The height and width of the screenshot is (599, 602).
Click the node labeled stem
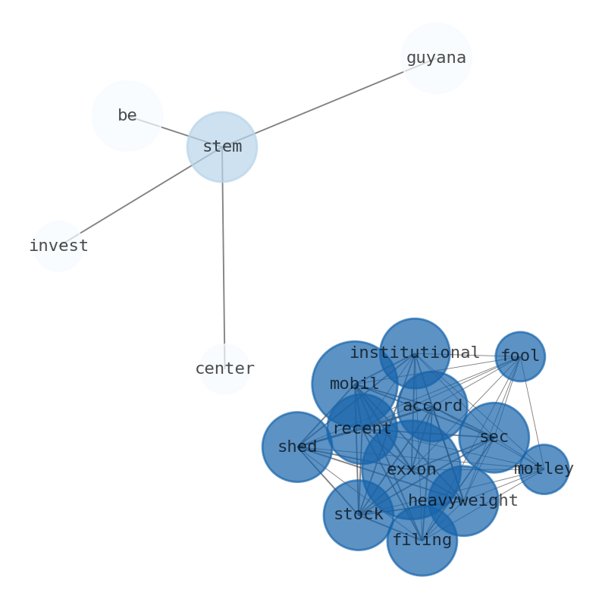222,147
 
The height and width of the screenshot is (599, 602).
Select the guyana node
436,58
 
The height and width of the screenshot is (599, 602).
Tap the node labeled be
127,116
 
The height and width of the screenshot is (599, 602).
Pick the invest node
58,246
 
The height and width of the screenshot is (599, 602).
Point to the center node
224,369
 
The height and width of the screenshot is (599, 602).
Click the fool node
520,356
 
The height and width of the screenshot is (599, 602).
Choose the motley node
544,469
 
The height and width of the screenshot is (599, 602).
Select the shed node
297,447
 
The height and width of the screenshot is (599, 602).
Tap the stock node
359,515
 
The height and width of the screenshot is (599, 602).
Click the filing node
422,541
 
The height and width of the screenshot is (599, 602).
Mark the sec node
494,437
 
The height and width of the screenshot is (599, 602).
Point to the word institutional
415,353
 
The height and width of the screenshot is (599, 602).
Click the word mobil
354,384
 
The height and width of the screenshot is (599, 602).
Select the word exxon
412,470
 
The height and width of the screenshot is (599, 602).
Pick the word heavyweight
463,501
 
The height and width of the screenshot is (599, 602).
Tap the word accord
432,406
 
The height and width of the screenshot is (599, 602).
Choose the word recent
362,429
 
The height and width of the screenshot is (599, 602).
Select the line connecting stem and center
224,258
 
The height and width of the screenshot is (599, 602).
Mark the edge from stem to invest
140,196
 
